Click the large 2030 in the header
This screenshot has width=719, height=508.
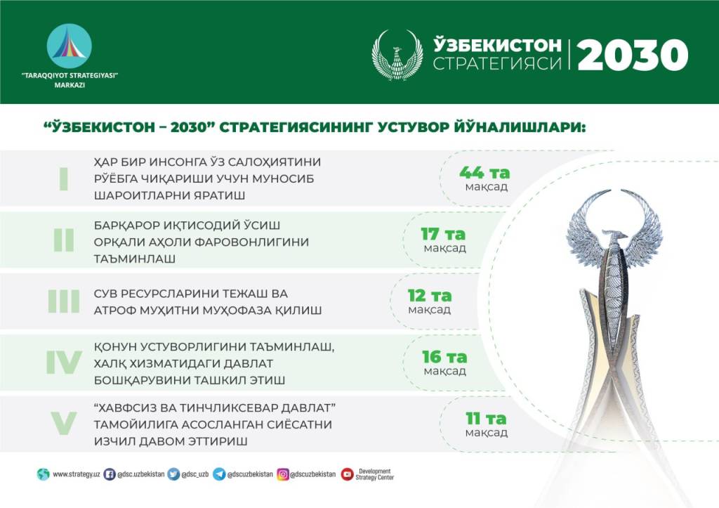(x=633, y=55)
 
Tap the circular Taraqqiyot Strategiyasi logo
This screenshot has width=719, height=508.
(x=70, y=46)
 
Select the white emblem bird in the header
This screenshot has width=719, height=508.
(x=397, y=55)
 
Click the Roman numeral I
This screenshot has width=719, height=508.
(x=64, y=178)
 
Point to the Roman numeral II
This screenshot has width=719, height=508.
(x=64, y=240)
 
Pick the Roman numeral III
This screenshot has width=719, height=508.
(x=64, y=301)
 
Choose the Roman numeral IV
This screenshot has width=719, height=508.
(x=64, y=363)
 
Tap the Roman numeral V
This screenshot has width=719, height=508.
(x=64, y=424)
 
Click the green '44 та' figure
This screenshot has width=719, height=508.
(x=484, y=173)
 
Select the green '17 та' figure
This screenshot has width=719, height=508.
(x=443, y=234)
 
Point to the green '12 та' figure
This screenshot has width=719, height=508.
(x=430, y=296)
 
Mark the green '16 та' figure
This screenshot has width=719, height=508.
(x=444, y=356)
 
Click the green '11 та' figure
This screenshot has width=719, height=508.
(x=486, y=419)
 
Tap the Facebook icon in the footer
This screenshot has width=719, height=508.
(x=109, y=474)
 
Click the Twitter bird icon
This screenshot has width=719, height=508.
(x=173, y=474)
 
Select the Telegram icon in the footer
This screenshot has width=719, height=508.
(x=219, y=474)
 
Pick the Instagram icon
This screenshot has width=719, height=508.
(x=283, y=474)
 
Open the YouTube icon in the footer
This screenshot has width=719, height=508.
(x=347, y=474)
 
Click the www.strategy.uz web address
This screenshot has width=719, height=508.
(x=76, y=474)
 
